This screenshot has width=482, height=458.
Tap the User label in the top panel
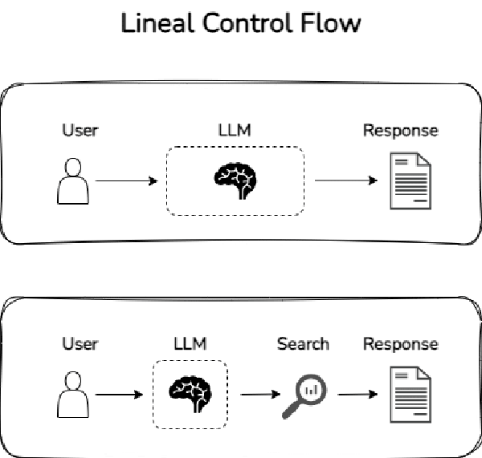(x=80, y=130)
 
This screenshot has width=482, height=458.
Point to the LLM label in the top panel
(x=235, y=130)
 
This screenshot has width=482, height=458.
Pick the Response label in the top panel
(x=400, y=130)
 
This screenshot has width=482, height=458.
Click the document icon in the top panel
(x=410, y=181)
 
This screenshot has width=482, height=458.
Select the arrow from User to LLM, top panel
(x=126, y=181)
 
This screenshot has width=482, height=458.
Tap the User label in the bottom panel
(x=80, y=344)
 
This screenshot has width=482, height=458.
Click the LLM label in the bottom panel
(x=190, y=344)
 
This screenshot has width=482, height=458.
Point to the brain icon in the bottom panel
(x=190, y=394)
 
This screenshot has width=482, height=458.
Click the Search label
(x=303, y=344)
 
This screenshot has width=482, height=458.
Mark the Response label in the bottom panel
(x=400, y=344)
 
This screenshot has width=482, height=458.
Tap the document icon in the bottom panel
(x=410, y=395)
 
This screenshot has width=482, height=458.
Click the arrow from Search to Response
(x=357, y=395)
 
